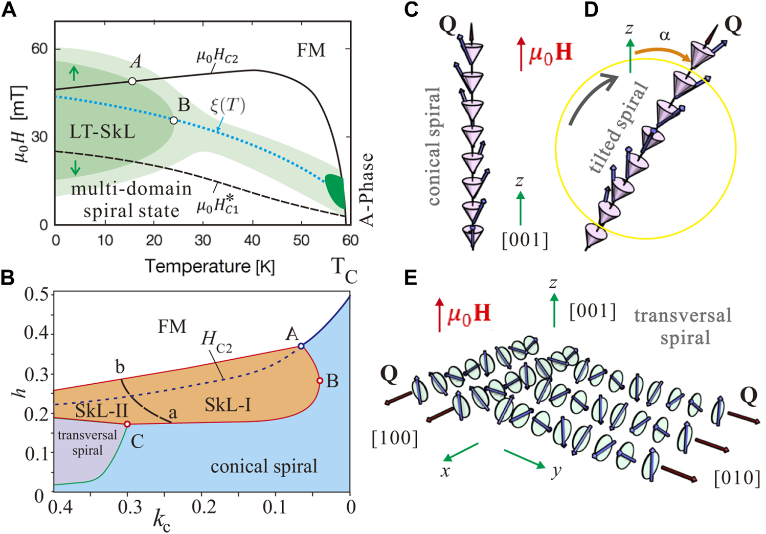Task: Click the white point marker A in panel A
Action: click(x=132, y=81)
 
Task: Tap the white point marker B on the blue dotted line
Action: click(x=174, y=121)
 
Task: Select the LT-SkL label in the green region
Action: click(x=102, y=132)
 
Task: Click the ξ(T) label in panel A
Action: click(x=228, y=106)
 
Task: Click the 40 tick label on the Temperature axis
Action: click(x=252, y=240)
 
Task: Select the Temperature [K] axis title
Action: click(x=210, y=266)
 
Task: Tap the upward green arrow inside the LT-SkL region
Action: click(x=74, y=74)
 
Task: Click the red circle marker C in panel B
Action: click(x=127, y=424)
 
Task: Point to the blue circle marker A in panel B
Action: click(x=301, y=346)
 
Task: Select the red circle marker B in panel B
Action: click(x=320, y=381)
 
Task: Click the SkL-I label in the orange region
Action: click(x=228, y=405)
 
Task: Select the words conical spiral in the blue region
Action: click(x=264, y=467)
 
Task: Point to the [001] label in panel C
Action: click(x=525, y=240)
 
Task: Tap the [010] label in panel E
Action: click(x=737, y=479)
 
